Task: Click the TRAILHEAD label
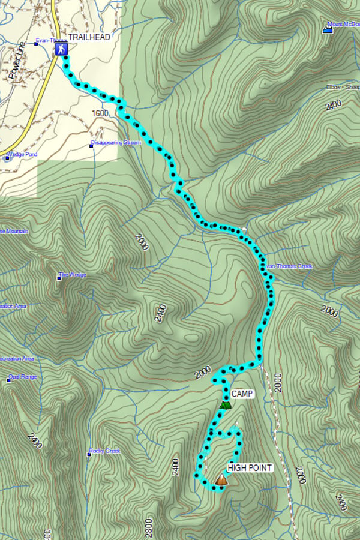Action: (x=89, y=37)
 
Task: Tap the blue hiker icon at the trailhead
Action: (x=61, y=49)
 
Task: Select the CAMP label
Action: (x=242, y=394)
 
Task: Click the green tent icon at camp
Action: (x=225, y=404)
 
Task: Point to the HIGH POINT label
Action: (x=250, y=468)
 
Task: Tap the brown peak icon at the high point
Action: (x=221, y=479)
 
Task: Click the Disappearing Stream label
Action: (x=117, y=143)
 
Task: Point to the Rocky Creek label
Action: (x=106, y=451)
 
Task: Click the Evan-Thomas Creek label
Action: (x=289, y=266)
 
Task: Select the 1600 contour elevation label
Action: (x=100, y=113)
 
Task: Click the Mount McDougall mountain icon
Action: (x=328, y=29)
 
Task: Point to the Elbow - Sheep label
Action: (x=343, y=87)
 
